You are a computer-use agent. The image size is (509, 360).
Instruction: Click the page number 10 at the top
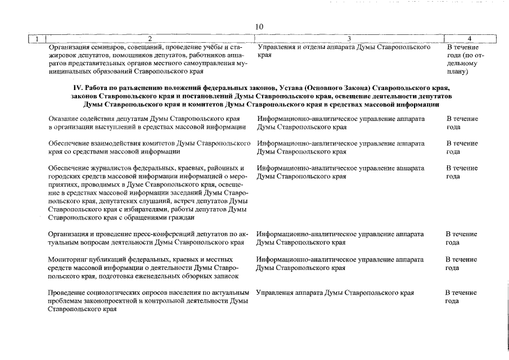coord(259,26)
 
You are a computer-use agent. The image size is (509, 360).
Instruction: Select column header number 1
coord(37,39)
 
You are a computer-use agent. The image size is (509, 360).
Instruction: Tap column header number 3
coord(349,39)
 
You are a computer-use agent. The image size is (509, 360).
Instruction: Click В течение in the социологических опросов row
coord(461,293)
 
